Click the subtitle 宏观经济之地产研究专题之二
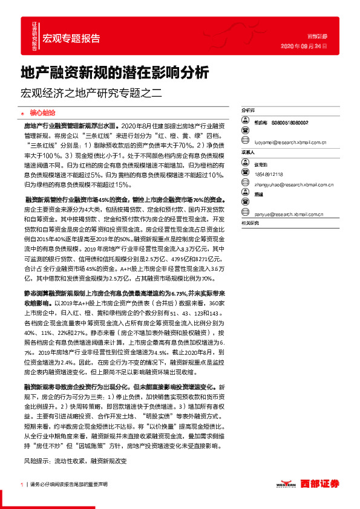(92, 94)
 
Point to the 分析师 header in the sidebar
(248, 111)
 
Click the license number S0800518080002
(289, 122)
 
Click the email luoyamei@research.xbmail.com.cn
(290, 143)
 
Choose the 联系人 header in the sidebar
(248, 153)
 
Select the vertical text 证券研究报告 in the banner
(34, 36)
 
